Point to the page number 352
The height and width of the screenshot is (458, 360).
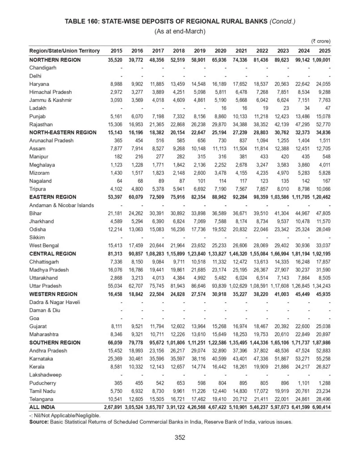point(180,437)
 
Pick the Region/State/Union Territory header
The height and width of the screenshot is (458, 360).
point(64,51)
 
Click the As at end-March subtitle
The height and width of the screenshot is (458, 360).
point(180,31)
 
